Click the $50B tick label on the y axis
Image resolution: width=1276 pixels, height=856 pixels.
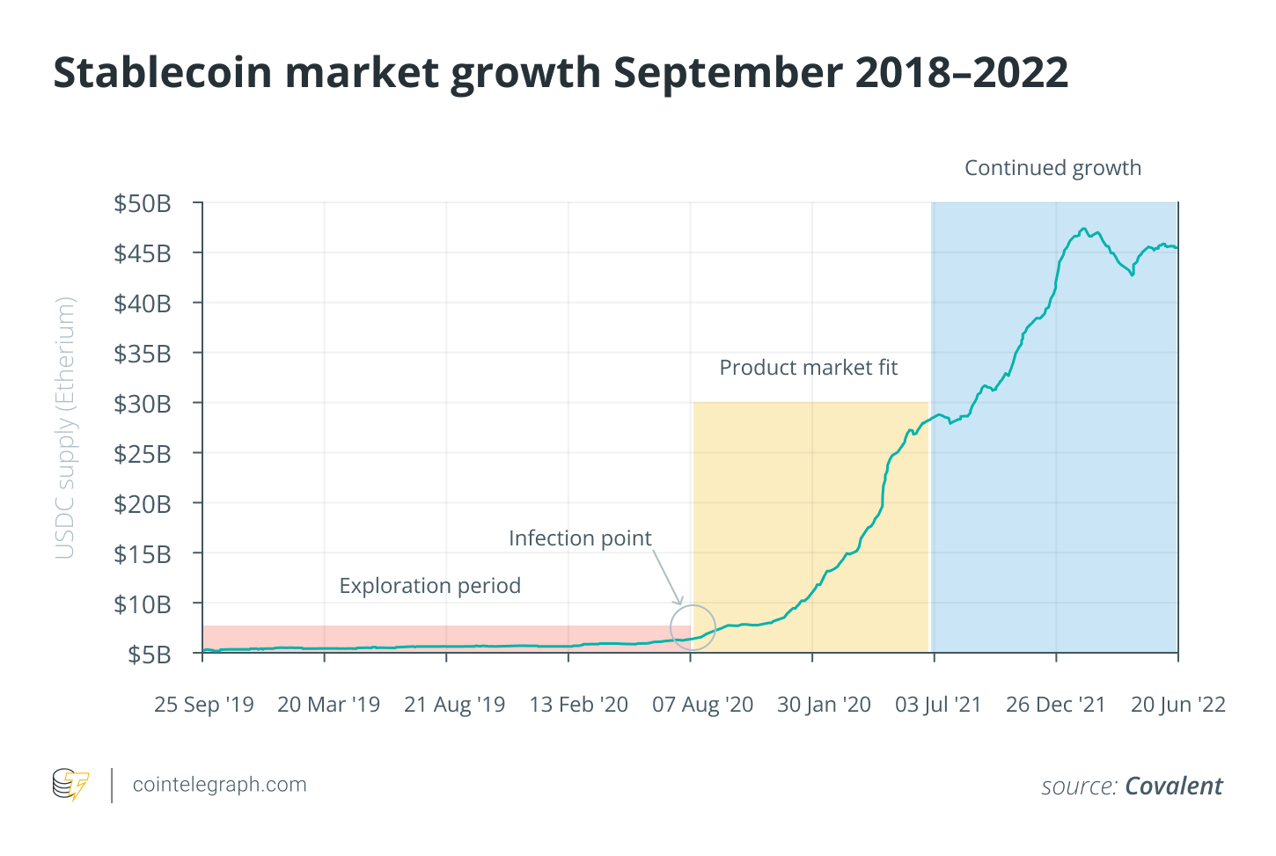click(142, 204)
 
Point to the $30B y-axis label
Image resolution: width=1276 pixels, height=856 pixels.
click(142, 405)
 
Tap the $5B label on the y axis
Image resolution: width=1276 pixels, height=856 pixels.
click(149, 655)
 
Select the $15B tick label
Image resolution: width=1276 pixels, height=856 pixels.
click(142, 554)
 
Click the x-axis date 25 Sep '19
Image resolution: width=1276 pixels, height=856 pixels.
click(203, 705)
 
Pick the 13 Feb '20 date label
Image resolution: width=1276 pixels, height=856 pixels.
click(578, 705)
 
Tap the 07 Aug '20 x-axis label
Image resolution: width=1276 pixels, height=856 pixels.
click(702, 705)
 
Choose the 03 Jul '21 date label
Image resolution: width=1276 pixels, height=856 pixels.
click(937, 705)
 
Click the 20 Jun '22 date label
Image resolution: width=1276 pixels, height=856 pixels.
click(1177, 705)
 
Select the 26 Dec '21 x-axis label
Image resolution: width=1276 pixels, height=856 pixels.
click(1055, 705)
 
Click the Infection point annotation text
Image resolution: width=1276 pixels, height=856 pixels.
click(580, 538)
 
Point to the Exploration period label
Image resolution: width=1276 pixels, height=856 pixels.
click(429, 586)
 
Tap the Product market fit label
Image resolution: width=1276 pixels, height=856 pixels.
click(808, 368)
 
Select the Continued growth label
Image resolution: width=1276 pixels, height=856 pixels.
click(1052, 168)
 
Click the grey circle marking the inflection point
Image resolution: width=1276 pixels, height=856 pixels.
click(693, 628)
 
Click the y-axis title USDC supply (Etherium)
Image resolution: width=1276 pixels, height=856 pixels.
click(65, 428)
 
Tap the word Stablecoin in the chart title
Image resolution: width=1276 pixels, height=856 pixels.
click(162, 72)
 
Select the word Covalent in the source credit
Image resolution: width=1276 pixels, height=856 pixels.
click(1174, 786)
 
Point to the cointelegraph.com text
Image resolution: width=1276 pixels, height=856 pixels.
click(219, 785)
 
